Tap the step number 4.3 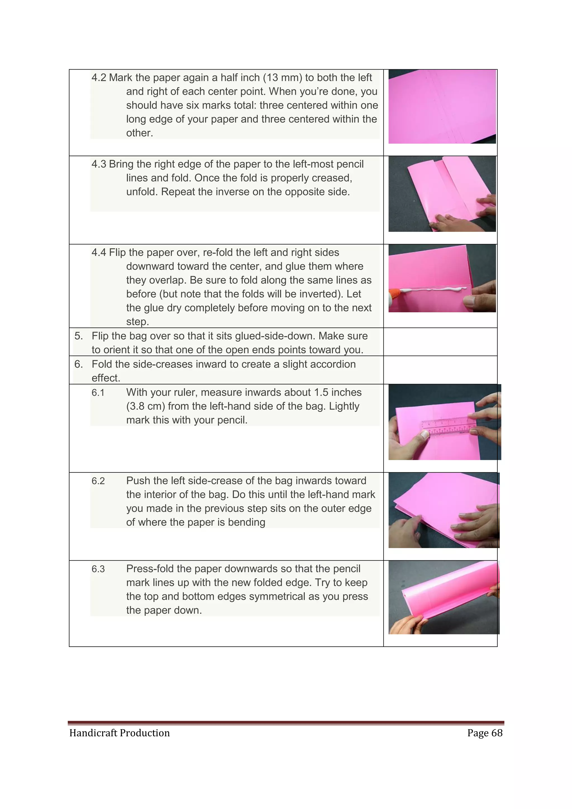(x=99, y=165)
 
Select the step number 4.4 (x=99, y=253)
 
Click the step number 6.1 (x=98, y=393)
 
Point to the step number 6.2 (x=98, y=481)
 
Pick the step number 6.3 (x=98, y=569)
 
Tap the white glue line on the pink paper (x=433, y=290)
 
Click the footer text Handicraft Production (x=120, y=733)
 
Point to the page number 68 (x=497, y=733)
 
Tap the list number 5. (x=78, y=336)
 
